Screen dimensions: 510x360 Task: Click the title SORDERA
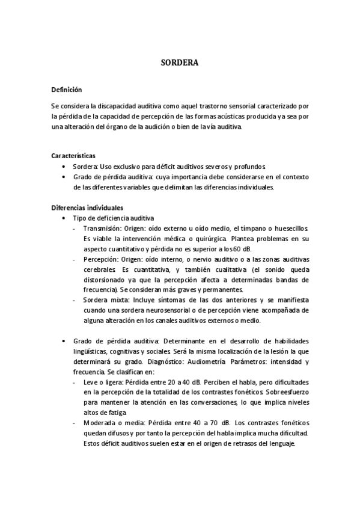click(x=180, y=62)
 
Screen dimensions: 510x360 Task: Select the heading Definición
click(x=66, y=89)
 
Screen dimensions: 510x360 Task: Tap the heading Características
click(x=73, y=155)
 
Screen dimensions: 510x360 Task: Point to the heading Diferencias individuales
click(x=87, y=207)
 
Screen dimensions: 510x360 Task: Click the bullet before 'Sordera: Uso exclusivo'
click(x=64, y=166)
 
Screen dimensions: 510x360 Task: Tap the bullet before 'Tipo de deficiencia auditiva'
click(x=64, y=218)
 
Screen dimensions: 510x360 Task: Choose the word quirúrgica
click(x=200, y=239)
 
